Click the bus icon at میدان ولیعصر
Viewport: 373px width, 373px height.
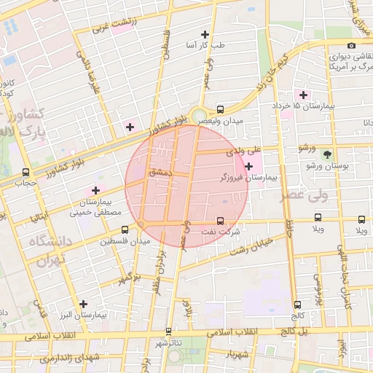click(x=221, y=109)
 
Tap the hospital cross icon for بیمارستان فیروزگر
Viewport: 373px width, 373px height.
click(x=249, y=167)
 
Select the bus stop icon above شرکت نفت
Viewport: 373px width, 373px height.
click(x=221, y=221)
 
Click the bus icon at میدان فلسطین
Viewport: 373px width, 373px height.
click(x=125, y=229)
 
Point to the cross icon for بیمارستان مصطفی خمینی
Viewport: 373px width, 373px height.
click(x=95, y=190)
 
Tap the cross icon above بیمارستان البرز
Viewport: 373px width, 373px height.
click(x=83, y=304)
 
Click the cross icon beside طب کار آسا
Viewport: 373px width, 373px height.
click(x=205, y=34)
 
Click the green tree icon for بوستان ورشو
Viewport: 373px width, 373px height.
click(x=327, y=154)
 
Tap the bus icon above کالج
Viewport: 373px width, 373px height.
click(x=297, y=305)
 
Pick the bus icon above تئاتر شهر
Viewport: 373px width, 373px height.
click(x=169, y=331)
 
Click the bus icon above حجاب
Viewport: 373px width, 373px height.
click(x=27, y=173)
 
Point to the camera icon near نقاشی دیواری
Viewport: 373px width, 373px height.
click(x=352, y=45)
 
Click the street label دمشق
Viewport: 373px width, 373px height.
click(x=159, y=173)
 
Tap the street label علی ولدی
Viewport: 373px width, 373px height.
click(x=244, y=152)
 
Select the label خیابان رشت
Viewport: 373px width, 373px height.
click(x=251, y=246)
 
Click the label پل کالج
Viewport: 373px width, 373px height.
click(x=299, y=331)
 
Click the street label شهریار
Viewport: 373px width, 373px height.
click(x=237, y=354)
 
